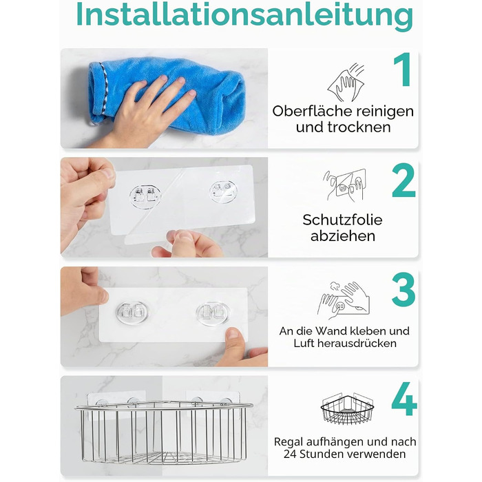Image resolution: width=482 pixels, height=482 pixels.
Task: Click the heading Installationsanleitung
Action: coord(244,14)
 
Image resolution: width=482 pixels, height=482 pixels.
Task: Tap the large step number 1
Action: coord(403,70)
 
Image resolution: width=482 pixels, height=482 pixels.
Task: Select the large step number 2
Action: coord(404,180)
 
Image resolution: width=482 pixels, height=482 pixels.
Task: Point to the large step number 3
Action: coord(404,290)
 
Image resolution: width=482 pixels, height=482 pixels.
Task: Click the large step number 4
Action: coord(404,399)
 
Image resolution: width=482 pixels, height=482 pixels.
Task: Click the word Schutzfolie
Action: coord(342,220)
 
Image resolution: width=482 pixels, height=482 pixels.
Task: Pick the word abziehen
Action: coord(343,236)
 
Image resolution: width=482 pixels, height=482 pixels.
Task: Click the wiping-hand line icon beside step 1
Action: coord(346,83)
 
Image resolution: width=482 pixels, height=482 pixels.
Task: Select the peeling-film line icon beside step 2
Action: coord(344,185)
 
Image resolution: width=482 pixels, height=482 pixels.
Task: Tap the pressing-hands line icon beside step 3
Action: coord(344,300)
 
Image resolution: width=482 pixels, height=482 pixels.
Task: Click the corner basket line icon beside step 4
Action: coord(347,408)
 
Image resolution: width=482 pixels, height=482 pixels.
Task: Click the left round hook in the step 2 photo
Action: coord(145,196)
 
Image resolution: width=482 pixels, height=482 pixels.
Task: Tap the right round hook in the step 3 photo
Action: coord(213,313)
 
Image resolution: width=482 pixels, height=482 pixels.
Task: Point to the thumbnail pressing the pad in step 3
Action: coord(233,333)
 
